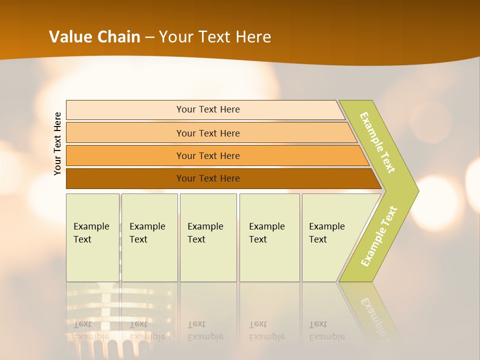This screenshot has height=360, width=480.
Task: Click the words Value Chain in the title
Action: click(94, 36)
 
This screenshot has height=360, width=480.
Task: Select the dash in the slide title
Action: click(149, 37)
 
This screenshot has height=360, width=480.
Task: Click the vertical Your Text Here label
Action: click(58, 143)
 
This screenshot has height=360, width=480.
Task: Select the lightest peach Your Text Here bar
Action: click(207, 109)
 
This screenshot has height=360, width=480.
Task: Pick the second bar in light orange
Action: click(207, 133)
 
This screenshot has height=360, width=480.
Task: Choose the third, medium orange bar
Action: click(207, 155)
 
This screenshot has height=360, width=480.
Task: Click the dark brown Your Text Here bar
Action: click(207, 178)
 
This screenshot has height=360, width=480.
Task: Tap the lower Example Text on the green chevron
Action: click(379, 236)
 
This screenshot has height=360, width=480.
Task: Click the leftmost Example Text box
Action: click(92, 237)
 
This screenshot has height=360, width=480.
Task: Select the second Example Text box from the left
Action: click(149, 237)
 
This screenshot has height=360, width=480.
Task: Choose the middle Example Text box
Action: click(208, 237)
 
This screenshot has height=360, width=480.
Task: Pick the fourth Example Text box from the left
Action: click(269, 237)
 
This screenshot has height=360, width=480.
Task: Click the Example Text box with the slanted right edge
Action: click(330, 237)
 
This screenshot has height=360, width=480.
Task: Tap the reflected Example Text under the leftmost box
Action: click(91, 330)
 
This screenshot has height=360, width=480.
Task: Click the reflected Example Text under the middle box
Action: click(205, 330)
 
